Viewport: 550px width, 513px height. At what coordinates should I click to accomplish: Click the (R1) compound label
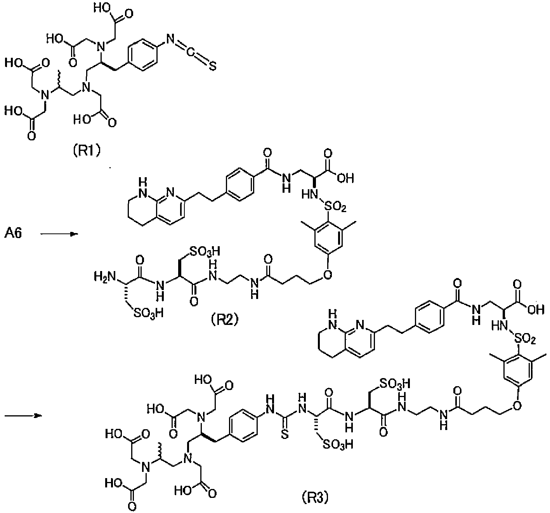(87, 150)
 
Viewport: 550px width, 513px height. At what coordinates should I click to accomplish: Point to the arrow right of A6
(59, 234)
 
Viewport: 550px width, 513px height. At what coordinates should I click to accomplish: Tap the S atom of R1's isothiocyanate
(212, 66)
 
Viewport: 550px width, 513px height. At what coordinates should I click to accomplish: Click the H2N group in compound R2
(104, 276)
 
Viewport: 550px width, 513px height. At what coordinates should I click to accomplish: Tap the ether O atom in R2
(328, 275)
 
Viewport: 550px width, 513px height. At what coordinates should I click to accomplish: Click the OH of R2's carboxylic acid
(345, 178)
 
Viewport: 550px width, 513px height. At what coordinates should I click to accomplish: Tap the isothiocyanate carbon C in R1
(190, 53)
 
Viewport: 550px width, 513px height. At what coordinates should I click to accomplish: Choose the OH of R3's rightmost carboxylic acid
(536, 310)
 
